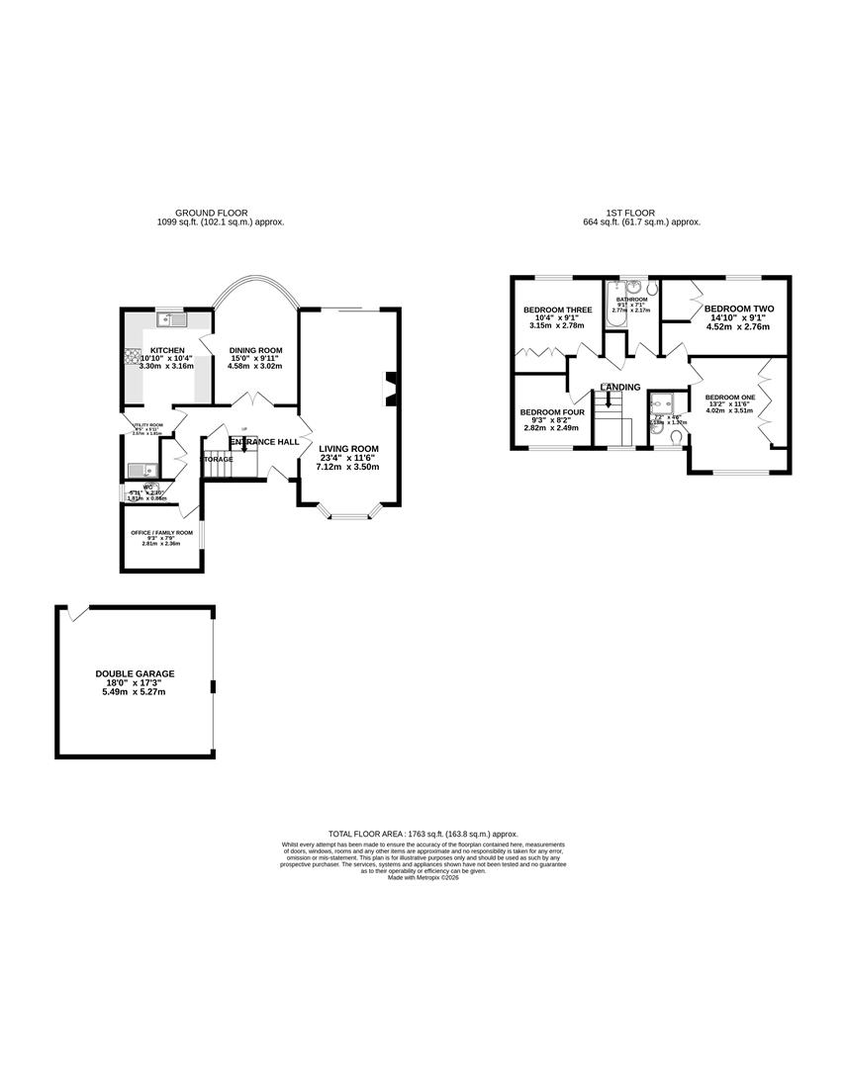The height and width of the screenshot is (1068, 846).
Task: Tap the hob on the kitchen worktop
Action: point(129,357)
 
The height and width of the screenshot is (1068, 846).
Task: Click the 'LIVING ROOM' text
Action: point(349,447)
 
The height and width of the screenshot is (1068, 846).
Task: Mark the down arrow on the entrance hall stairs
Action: point(244,446)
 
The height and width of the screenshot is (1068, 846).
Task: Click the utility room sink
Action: point(139,471)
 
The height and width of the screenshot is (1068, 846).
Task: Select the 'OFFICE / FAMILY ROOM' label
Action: point(161,533)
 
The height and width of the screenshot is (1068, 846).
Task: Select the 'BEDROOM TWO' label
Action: point(739,309)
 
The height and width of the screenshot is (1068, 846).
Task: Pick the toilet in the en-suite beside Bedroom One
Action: point(674,439)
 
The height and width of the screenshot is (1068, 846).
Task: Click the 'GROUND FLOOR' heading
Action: point(211,213)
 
